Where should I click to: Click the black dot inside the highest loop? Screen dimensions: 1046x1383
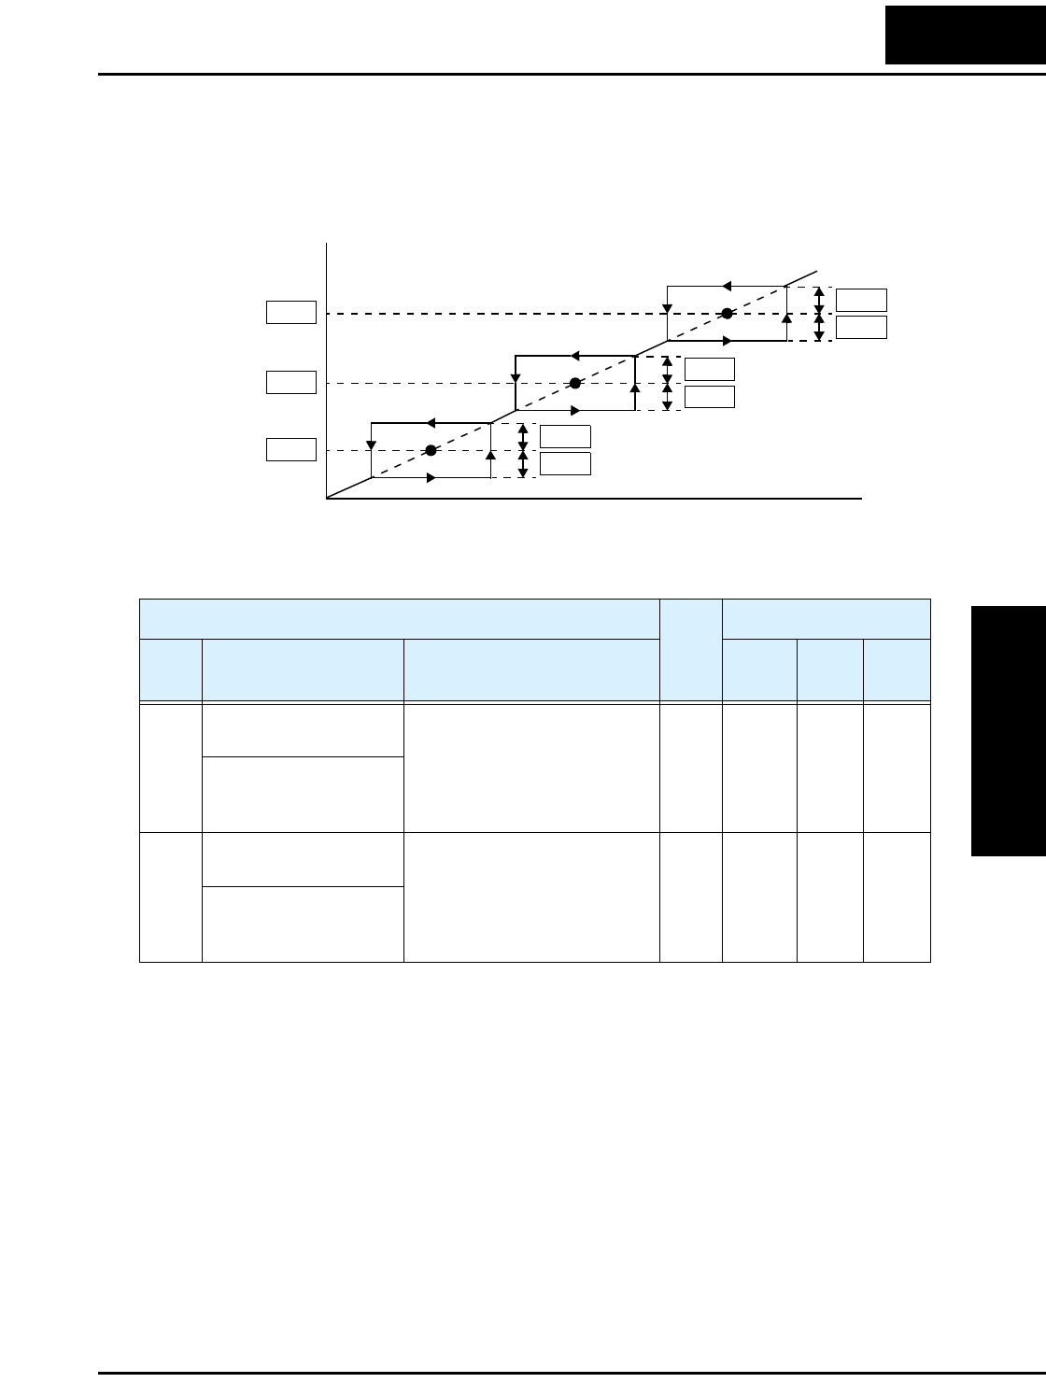pyautogui.click(x=727, y=314)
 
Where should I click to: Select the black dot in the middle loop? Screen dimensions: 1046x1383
pyautogui.click(x=575, y=383)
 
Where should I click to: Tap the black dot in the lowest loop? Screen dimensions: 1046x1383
pyautogui.click(x=431, y=450)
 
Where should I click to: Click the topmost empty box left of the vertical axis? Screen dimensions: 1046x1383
pyautogui.click(x=291, y=312)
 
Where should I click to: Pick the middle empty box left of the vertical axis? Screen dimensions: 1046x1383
pyautogui.click(x=291, y=382)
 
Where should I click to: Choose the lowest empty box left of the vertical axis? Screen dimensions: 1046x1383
pyautogui.click(x=291, y=449)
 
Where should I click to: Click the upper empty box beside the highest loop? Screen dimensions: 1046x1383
pyautogui.click(x=861, y=300)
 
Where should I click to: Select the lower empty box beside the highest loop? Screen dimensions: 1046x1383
pyautogui.click(x=861, y=327)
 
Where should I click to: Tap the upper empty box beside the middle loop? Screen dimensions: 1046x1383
pyautogui.click(x=710, y=369)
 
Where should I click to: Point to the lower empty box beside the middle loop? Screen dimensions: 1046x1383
pyautogui.click(x=710, y=396)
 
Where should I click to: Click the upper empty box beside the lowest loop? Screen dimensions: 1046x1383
pyautogui.click(x=565, y=436)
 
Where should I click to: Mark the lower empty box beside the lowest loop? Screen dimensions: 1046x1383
pyautogui.click(x=565, y=463)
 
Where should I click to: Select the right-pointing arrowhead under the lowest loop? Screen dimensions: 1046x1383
pyautogui.click(x=431, y=478)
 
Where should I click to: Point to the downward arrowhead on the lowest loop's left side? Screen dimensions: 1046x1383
pyautogui.click(x=372, y=442)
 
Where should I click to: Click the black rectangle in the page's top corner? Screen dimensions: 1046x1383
pyautogui.click(x=966, y=33)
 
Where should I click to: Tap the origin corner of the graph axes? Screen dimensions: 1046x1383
pyautogui.click(x=327, y=499)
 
